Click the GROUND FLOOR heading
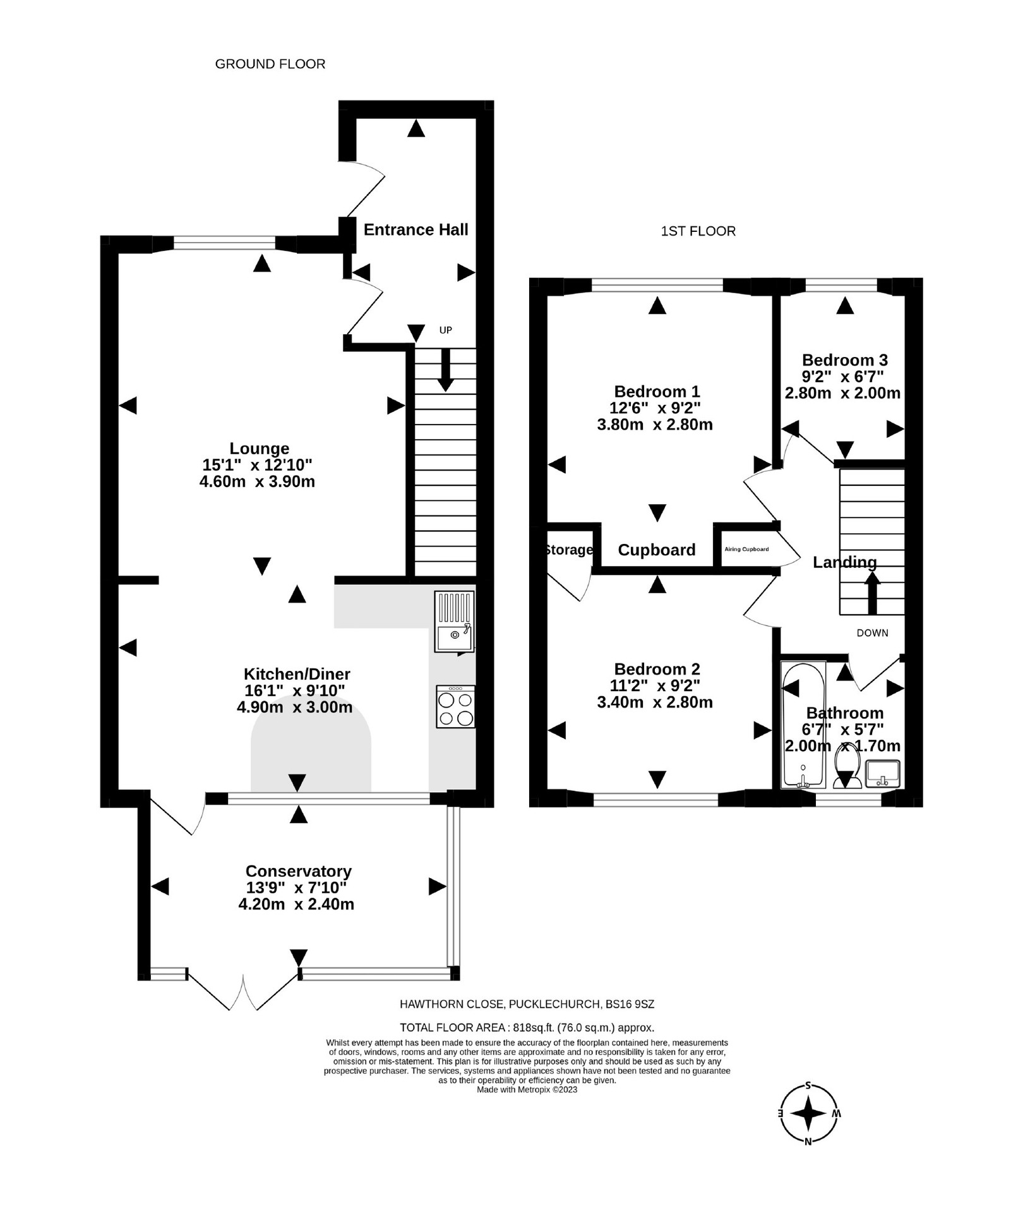[x=270, y=64]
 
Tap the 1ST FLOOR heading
[x=698, y=231]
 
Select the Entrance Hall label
[x=416, y=229]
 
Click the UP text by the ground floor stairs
[x=446, y=330]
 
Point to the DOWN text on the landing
[x=872, y=632]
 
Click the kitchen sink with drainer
[x=454, y=621]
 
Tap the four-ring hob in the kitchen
[x=455, y=707]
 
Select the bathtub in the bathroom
[x=803, y=724]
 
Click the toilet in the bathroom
[x=847, y=766]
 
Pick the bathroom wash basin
[x=883, y=773]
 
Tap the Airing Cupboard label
[x=746, y=549]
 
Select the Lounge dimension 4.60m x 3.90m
[x=257, y=481]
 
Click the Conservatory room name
[x=298, y=871]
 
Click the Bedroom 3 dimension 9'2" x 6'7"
[x=842, y=377]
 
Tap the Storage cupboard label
[x=569, y=550]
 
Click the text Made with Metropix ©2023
[x=527, y=1089]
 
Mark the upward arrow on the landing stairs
[x=872, y=591]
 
